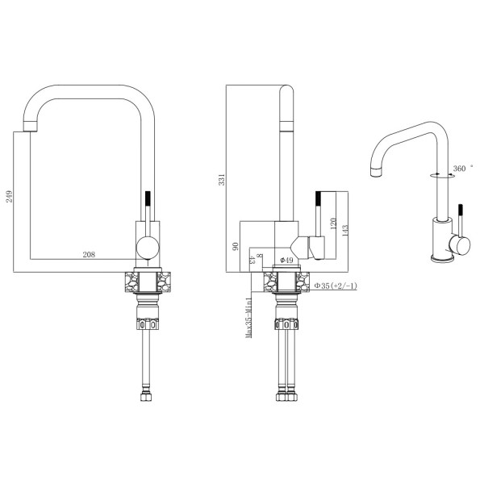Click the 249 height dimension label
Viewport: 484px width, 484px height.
point(9,197)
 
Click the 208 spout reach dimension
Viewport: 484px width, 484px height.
point(89,255)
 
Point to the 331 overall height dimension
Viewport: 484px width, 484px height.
point(222,180)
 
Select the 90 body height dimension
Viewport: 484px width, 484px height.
point(236,246)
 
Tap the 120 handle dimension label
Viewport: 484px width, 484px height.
point(333,223)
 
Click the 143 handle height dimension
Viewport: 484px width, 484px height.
point(344,231)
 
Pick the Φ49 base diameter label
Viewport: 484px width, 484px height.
point(286,261)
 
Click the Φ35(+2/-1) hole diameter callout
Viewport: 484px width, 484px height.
point(336,286)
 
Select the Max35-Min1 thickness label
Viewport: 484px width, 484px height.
point(248,318)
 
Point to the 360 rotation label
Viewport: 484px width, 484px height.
point(459,169)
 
